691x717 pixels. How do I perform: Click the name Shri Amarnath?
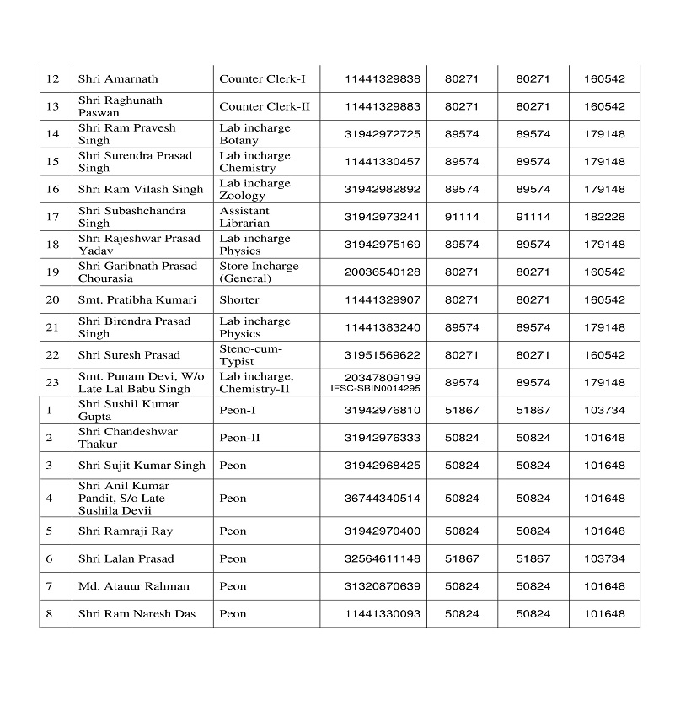118,78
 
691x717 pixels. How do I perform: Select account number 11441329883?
382,106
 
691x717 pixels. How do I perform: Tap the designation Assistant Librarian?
244,217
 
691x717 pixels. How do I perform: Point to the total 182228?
603,217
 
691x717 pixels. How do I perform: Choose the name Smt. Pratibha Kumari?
137,299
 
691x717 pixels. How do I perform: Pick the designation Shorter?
239,299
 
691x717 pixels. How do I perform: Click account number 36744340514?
382,498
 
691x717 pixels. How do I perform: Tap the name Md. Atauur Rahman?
134,586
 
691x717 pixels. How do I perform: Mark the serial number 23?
52,382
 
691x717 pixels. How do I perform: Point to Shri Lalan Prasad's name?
126,558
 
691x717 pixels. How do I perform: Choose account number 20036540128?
382,272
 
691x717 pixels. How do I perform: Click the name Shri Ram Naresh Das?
137,613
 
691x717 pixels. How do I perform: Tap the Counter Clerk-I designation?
262,78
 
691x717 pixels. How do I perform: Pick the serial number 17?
52,217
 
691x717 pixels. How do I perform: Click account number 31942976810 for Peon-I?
382,410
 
